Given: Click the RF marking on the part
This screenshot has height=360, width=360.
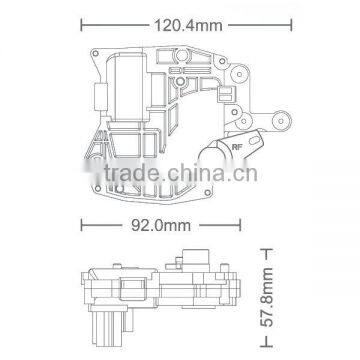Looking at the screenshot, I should tap(237, 147).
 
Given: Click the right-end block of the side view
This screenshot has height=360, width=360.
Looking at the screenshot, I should tap(240, 290).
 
